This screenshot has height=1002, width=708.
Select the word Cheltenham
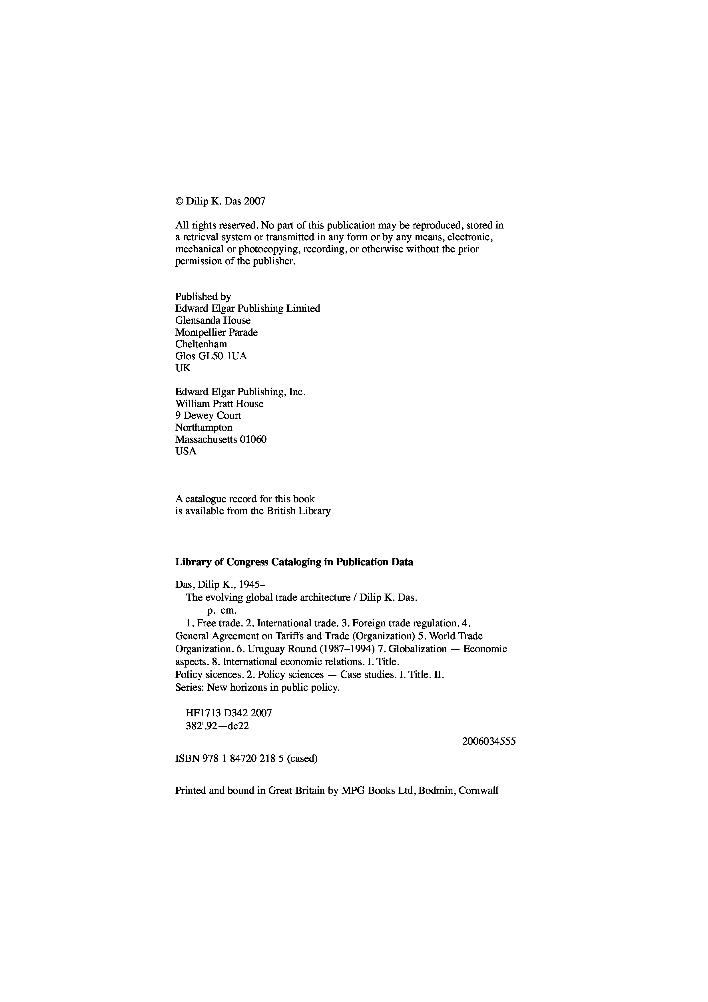(x=201, y=344)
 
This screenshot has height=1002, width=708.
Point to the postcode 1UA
(x=237, y=356)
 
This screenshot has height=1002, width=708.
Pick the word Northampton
(x=204, y=427)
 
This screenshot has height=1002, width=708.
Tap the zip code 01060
(x=253, y=440)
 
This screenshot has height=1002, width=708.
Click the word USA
(x=186, y=451)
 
